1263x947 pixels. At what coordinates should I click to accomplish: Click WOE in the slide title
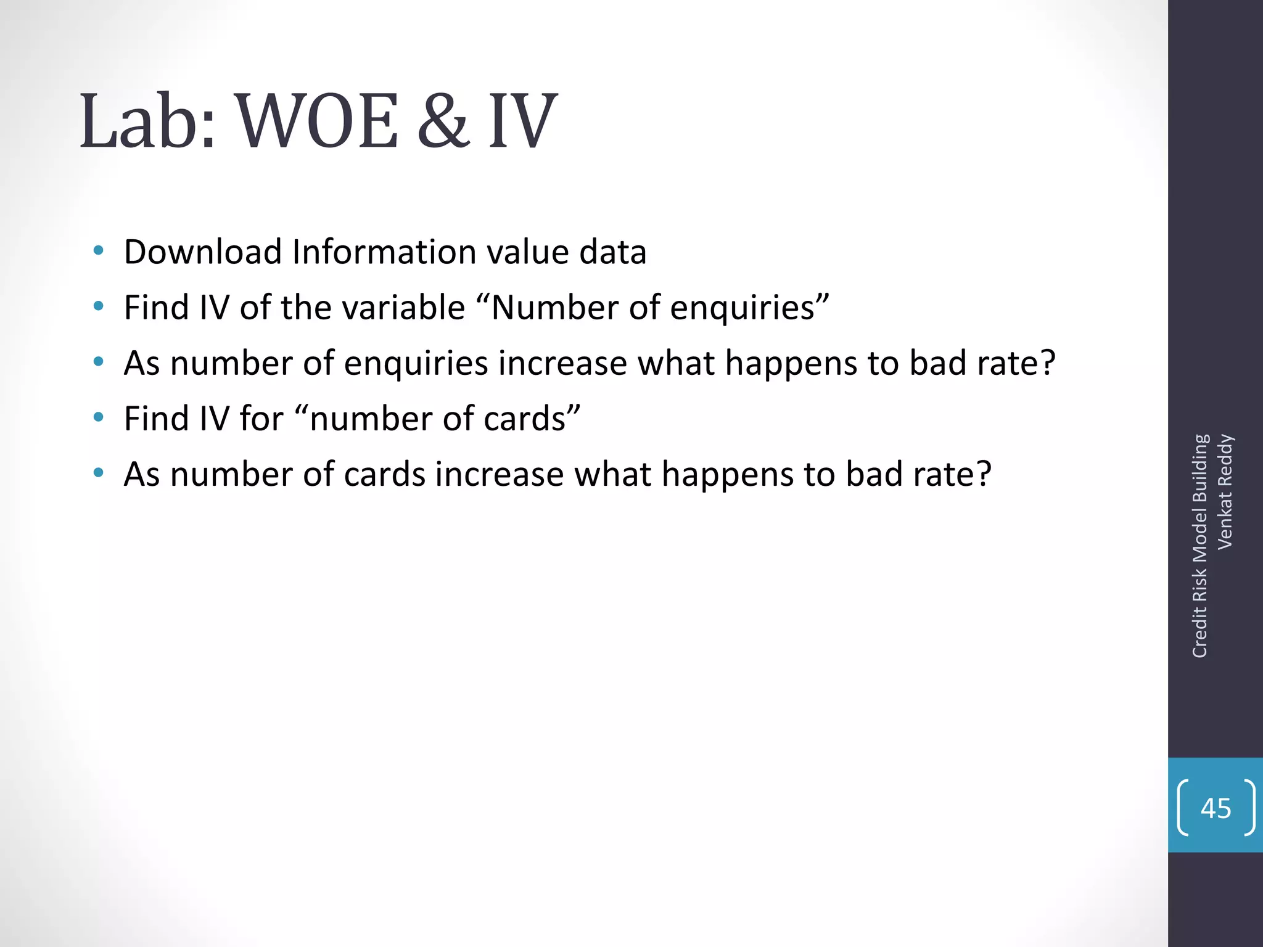[318, 121]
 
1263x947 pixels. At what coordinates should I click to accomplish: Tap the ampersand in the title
[443, 121]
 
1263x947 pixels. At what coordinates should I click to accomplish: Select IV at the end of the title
[523, 121]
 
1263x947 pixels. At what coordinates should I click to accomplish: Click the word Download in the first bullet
[203, 252]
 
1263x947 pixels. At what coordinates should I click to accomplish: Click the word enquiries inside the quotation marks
[742, 308]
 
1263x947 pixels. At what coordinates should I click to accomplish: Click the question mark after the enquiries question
[1047, 363]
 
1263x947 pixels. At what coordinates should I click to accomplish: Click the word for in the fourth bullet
[261, 419]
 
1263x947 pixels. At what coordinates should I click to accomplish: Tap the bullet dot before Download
[98, 251]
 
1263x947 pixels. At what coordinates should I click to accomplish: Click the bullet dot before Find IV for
[98, 417]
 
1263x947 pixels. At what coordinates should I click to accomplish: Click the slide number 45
[1216, 808]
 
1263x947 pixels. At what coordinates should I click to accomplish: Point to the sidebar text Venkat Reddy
[1225, 491]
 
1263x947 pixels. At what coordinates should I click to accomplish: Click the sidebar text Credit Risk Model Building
[1199, 546]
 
